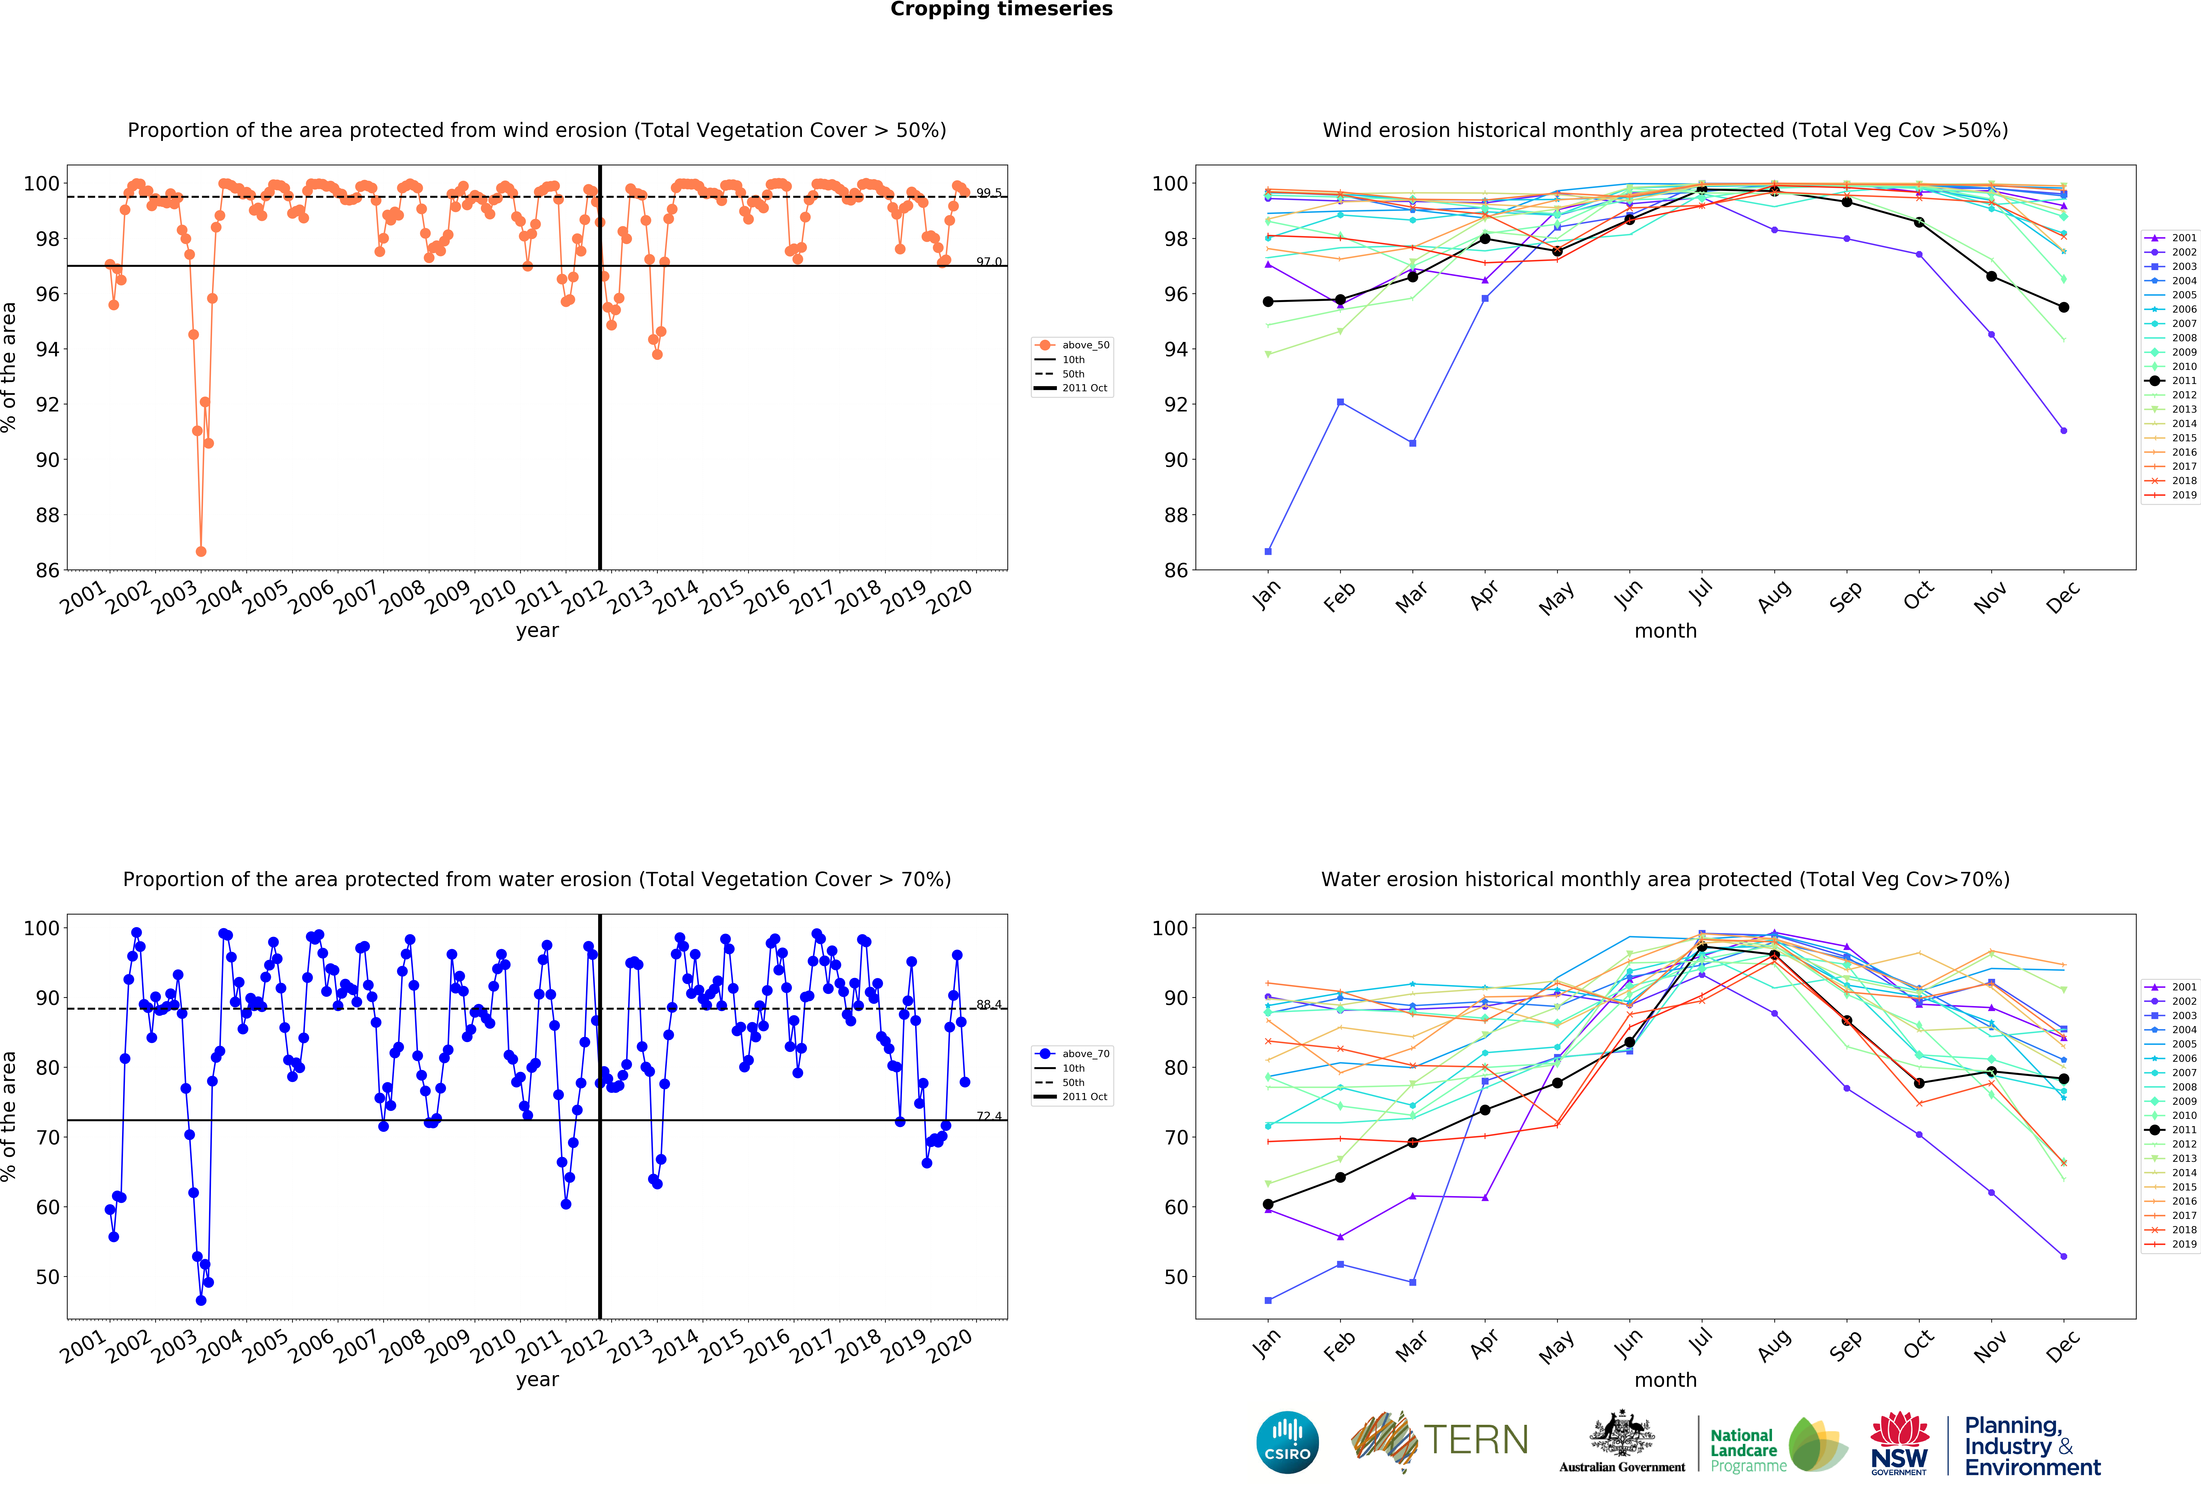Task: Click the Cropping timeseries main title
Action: pos(1001,9)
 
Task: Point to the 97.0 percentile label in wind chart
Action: pos(989,261)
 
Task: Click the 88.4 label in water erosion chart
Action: pos(989,1004)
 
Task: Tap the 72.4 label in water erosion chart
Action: pos(989,1116)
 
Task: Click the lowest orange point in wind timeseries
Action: pos(201,551)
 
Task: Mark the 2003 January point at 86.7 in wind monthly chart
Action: pos(1268,551)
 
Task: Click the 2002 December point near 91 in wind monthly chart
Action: pos(2064,431)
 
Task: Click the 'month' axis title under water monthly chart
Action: pos(1665,1380)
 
